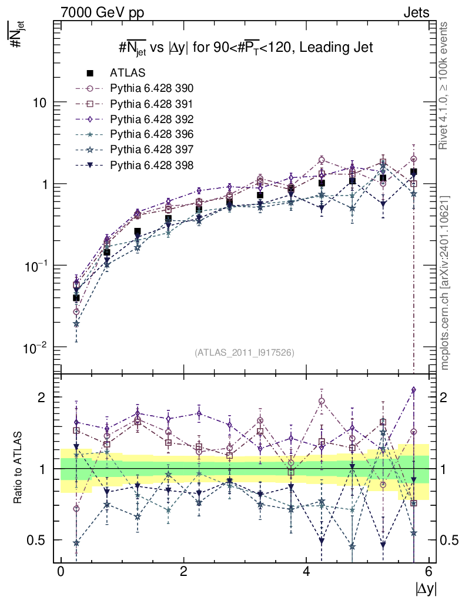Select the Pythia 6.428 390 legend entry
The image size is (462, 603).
click(152, 88)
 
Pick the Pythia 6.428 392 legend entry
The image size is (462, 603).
click(152, 119)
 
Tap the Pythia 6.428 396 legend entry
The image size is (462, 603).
click(152, 134)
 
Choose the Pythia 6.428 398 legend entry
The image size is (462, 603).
click(152, 165)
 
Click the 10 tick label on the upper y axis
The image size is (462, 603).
click(39, 102)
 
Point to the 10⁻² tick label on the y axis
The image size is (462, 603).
click(36, 347)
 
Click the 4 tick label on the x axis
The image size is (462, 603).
click(306, 572)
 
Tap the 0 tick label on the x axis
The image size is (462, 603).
click(61, 572)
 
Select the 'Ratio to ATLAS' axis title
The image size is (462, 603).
click(19, 468)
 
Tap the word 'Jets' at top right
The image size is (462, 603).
click(416, 12)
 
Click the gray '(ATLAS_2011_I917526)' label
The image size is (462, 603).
click(244, 353)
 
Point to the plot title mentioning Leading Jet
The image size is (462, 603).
click(244, 48)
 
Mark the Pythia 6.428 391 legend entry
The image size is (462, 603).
click(152, 104)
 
